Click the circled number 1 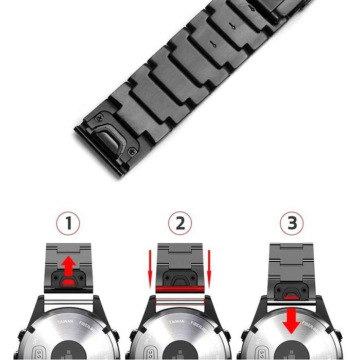(x=68, y=224)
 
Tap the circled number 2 (x=180, y=224)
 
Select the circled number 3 (x=292, y=224)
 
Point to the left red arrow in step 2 (x=150, y=268)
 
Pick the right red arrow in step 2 (x=210, y=268)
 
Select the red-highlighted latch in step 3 (x=292, y=293)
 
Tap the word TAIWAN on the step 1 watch (x=65, y=321)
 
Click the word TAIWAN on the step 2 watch (x=176, y=321)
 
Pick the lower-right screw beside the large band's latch (x=135, y=152)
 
